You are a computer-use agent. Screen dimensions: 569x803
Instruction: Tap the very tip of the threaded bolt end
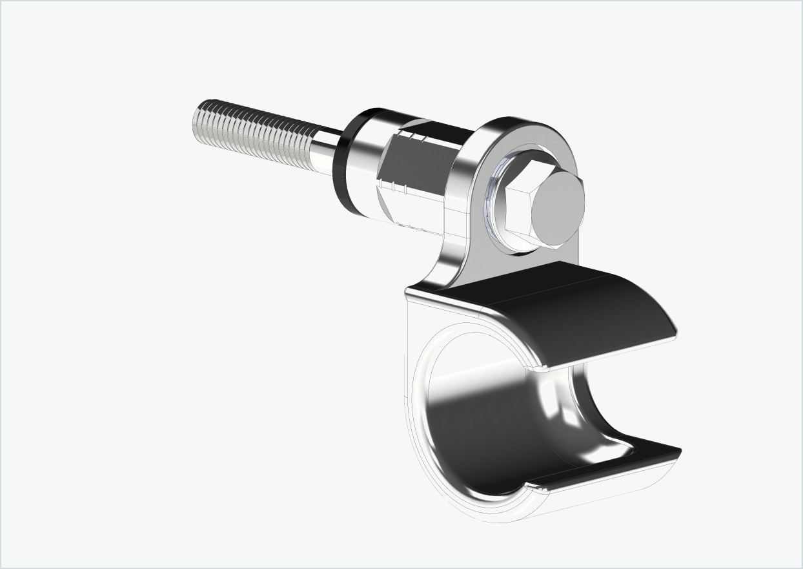(196, 121)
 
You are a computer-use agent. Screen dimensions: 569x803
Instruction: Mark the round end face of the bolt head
(558, 207)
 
